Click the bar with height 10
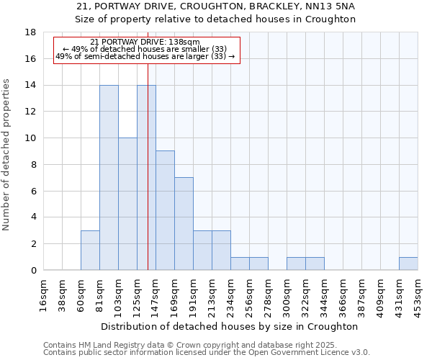coord(127,204)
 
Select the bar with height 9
coord(165,210)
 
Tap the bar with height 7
coord(184,223)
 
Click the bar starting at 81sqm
coord(109,177)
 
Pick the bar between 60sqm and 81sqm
coord(90,250)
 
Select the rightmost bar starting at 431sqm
coord(408,264)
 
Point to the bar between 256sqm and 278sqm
coord(258,264)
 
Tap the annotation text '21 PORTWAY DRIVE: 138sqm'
coord(145,42)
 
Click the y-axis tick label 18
coord(30,32)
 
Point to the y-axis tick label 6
coord(33,191)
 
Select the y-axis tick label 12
coord(30,112)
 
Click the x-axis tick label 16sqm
coord(44,294)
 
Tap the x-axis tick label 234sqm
coord(231,294)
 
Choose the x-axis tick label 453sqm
coord(418,294)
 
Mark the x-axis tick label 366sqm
coord(325,294)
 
